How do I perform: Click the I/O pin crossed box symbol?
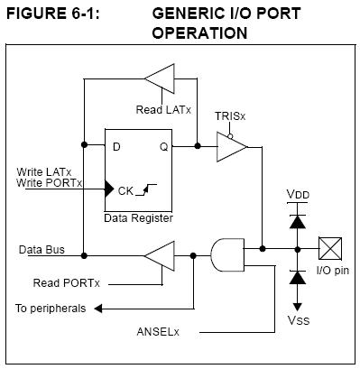point(330,248)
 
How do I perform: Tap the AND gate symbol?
point(227,255)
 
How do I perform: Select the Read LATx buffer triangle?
point(160,78)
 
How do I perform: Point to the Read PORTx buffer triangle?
point(160,256)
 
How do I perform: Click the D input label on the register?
point(116,147)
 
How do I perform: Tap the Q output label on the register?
point(164,147)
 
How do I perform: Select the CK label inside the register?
point(125,190)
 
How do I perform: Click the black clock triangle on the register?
point(109,189)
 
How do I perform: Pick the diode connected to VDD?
point(298,221)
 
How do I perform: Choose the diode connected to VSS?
point(298,277)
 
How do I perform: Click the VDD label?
point(298,194)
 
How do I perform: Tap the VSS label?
point(299,320)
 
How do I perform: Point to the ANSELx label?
point(158,332)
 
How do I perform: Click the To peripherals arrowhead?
point(98,309)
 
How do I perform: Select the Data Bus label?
point(42,250)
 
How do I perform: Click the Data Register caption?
point(138,218)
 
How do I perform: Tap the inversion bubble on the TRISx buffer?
point(230,136)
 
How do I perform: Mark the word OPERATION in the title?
point(199,32)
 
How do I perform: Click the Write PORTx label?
point(49,183)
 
